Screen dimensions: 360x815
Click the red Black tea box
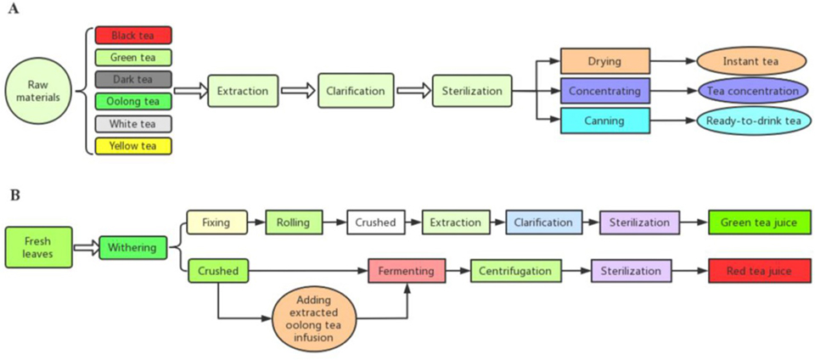tap(133, 35)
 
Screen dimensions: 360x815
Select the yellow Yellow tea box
tap(133, 146)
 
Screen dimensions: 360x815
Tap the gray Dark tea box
tap(133, 80)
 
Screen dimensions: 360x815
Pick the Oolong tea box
tap(133, 102)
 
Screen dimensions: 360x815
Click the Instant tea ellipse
tap(750, 62)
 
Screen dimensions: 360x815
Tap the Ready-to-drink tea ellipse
tap(750, 121)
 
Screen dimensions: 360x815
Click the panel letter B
tap(14, 196)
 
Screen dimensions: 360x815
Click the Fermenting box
tap(407, 272)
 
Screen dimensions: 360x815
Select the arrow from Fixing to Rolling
tap(256, 223)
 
